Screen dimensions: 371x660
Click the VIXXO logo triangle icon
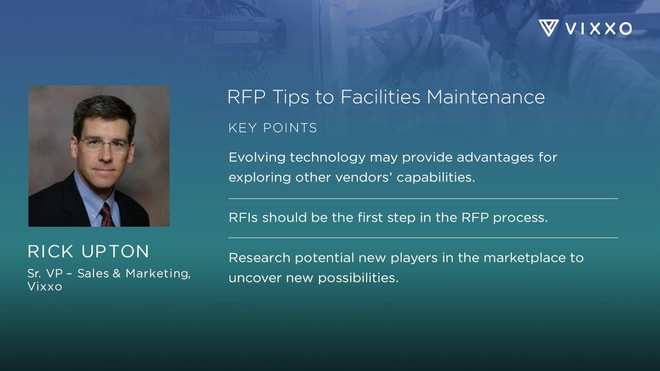tap(549, 28)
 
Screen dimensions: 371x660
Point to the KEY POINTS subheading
tap(273, 128)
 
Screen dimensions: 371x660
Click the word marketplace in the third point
tap(522, 257)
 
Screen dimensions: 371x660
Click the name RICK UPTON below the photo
tap(88, 251)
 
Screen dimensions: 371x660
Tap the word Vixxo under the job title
tap(45, 286)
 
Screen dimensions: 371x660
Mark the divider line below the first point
tap(423, 198)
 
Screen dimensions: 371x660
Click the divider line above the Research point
tap(423, 238)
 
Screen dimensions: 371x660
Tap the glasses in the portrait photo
tap(103, 144)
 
